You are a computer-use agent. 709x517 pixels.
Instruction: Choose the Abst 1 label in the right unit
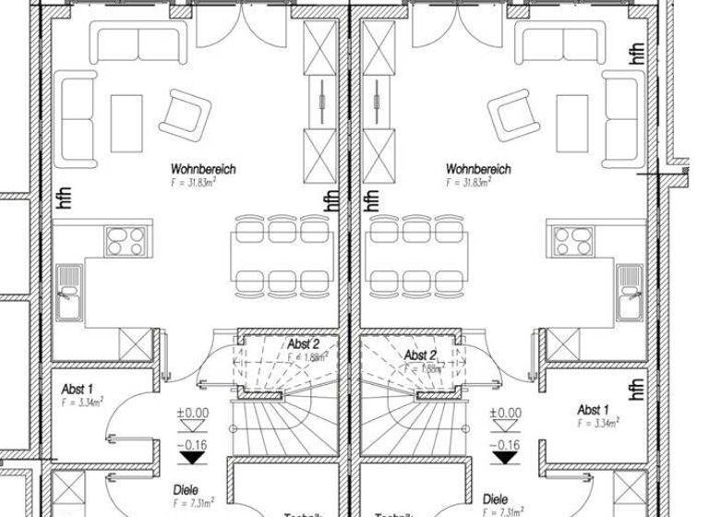coord(593,409)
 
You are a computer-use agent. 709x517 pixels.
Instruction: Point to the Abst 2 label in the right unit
coord(421,354)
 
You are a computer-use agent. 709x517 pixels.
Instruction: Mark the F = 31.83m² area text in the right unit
coord(468,183)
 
